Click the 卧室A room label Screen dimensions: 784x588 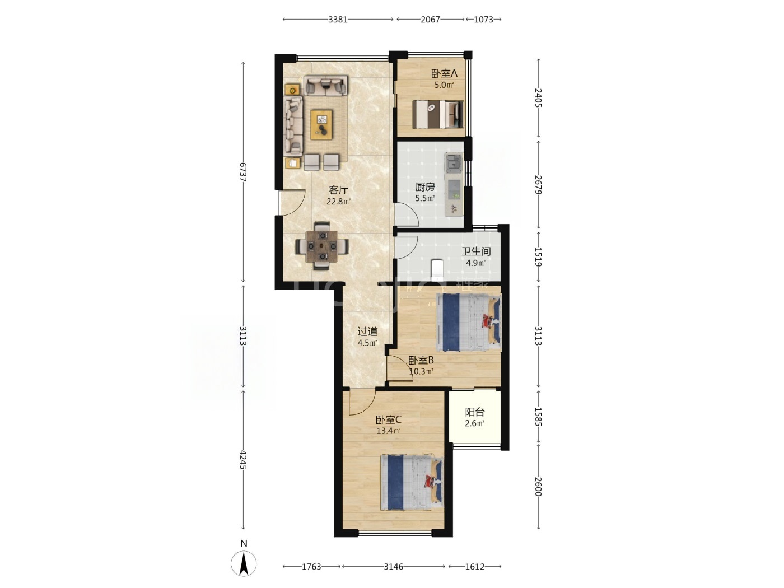(x=444, y=73)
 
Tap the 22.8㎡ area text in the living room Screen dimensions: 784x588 (x=338, y=202)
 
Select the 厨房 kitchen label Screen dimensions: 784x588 (x=425, y=186)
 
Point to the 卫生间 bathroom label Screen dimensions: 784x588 (x=476, y=251)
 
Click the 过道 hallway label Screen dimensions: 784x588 (x=367, y=332)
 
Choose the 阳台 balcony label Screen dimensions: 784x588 (x=475, y=412)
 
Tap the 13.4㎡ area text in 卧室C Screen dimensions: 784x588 (x=388, y=431)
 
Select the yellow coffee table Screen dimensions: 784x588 (x=72, y=124)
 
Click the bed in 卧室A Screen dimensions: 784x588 (x=438, y=114)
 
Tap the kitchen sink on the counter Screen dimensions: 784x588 (x=453, y=164)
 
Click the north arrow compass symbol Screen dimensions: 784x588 (x=244, y=564)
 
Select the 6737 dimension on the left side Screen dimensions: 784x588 (x=243, y=172)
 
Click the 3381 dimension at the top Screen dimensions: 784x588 (x=338, y=19)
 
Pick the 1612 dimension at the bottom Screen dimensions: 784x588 (x=475, y=567)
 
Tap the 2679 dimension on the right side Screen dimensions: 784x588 (x=538, y=185)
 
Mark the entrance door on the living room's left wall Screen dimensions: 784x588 (x=292, y=202)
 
